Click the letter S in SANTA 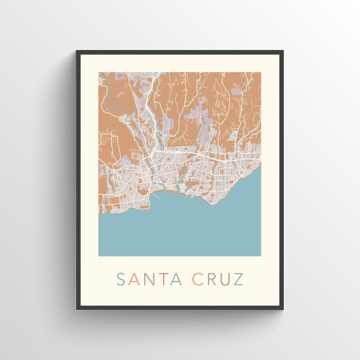click(x=121, y=279)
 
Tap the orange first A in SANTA click(x=134, y=279)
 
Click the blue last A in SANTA click(x=176, y=279)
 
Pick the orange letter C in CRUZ click(x=198, y=279)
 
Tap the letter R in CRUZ click(x=211, y=279)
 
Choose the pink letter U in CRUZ click(x=225, y=279)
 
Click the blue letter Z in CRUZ click(x=238, y=279)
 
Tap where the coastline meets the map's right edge click(x=261, y=168)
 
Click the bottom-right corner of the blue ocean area click(x=260, y=256)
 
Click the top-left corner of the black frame click(x=77, y=51)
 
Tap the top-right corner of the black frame click(x=283, y=51)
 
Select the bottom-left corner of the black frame click(x=77, y=309)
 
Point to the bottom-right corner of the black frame click(x=283, y=309)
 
